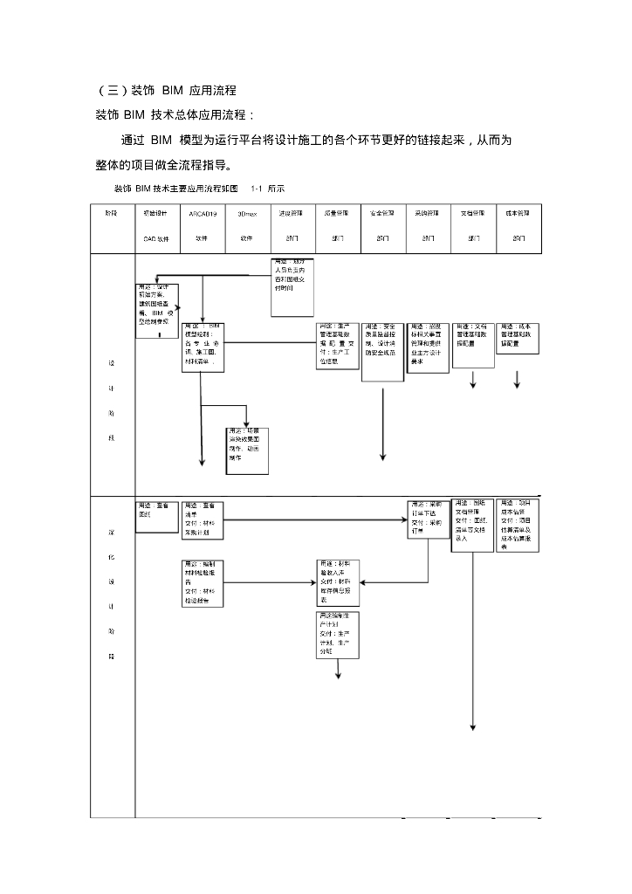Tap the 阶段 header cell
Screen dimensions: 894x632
coord(112,224)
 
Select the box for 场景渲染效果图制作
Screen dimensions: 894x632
coord(247,450)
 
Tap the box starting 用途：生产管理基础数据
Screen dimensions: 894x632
coord(338,345)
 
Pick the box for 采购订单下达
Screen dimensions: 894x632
coord(429,519)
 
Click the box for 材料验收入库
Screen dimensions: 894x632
coord(338,582)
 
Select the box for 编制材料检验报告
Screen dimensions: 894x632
coord(203,583)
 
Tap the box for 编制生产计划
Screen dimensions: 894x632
coord(338,635)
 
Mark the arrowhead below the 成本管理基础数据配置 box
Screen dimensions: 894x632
coord(518,384)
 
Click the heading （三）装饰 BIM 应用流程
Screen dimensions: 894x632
coord(166,90)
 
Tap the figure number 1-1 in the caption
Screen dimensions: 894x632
coord(257,189)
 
